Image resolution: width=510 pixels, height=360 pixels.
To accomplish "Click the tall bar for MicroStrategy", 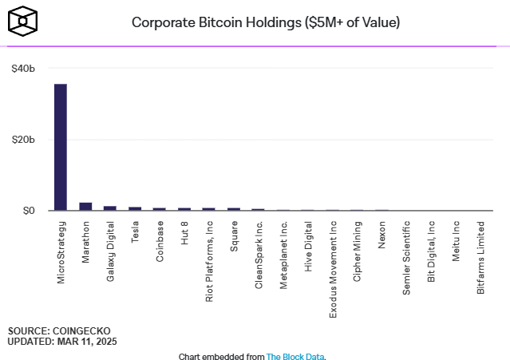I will click(61, 148).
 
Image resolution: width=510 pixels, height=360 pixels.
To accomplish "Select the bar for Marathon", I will click(85, 207).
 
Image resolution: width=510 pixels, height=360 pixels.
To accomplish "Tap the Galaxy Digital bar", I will click(110, 208).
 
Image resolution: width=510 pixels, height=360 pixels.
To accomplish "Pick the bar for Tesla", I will click(135, 208).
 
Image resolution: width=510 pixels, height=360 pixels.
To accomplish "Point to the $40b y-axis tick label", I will click(24, 69).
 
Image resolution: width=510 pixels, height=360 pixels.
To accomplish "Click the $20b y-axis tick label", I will click(24, 140).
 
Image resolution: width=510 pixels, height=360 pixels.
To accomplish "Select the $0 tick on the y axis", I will click(29, 211).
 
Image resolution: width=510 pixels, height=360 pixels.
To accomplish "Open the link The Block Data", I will click(295, 357).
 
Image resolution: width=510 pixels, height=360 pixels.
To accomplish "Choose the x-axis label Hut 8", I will click(184, 232).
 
